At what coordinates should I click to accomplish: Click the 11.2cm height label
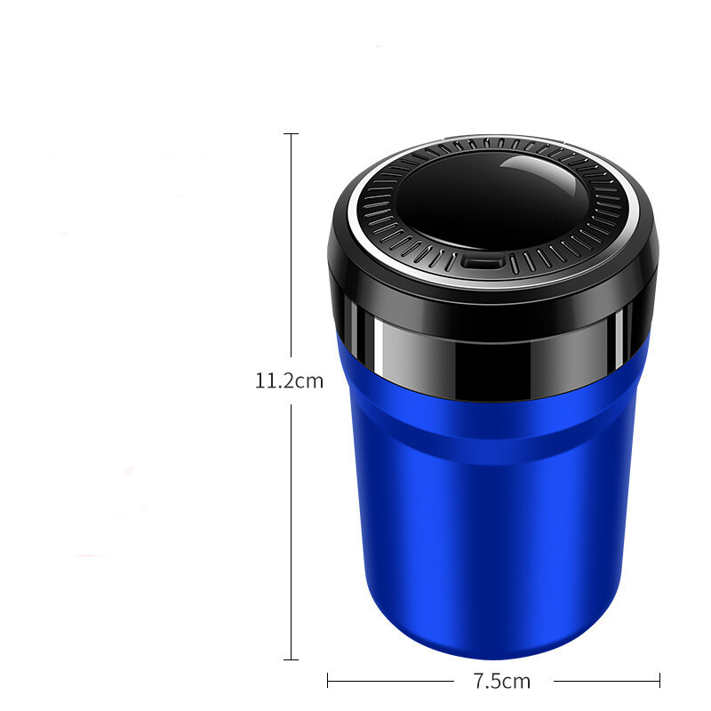(x=290, y=381)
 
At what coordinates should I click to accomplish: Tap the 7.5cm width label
(x=502, y=681)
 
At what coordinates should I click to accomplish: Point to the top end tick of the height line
(x=292, y=134)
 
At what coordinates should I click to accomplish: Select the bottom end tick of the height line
(x=292, y=659)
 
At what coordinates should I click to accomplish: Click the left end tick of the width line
(x=328, y=681)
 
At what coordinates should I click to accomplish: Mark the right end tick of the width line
(x=659, y=681)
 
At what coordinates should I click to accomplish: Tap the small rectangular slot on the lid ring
(x=482, y=263)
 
